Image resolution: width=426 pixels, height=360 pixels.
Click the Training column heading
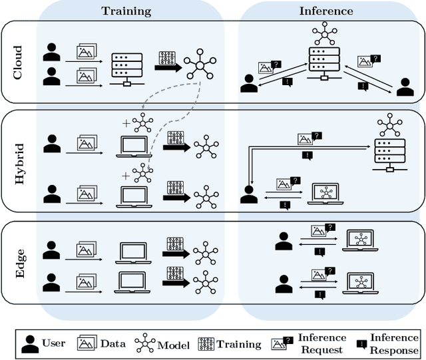coord(126,11)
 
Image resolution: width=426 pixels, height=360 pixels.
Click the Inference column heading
coord(326,11)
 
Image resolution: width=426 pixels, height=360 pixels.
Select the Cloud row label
coord(18,62)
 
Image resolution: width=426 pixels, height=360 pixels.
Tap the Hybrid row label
coord(18,162)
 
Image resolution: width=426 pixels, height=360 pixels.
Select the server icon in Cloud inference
coord(324,61)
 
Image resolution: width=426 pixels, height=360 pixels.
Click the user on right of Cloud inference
coord(403,87)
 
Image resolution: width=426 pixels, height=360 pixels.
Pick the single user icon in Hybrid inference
coord(249,195)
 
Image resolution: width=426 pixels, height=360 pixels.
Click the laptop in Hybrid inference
coord(325,194)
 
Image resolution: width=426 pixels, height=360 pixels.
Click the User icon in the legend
coord(30,343)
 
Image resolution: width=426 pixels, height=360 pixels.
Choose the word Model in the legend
coord(174,345)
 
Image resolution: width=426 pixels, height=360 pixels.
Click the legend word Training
coord(239,344)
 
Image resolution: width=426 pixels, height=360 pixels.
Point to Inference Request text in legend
coord(323,343)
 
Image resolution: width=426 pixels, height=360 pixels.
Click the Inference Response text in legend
coord(394,344)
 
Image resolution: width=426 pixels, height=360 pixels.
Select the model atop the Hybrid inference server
coord(389,124)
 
